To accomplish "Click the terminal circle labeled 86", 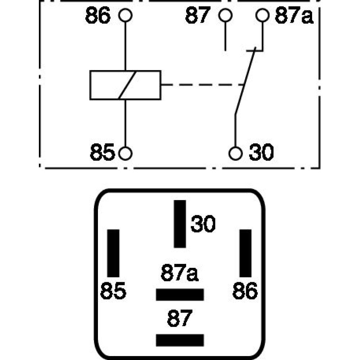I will (125, 15).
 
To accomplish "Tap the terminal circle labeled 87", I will (226, 15).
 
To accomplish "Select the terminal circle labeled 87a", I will (262, 15).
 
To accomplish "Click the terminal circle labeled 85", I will (125, 153).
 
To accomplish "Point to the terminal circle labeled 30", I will (235, 153).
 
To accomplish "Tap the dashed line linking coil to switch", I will (202, 85).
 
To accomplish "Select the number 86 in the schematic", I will (98, 16).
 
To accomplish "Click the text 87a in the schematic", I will (293, 16).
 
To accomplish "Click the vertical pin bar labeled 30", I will (180, 224).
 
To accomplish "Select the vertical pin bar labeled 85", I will (113, 253).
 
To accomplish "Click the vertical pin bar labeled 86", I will (246, 253).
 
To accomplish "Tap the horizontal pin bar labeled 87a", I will (180, 294).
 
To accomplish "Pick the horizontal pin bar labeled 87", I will (180, 340).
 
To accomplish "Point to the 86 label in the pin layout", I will (245, 291).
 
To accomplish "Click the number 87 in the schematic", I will (198, 16).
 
